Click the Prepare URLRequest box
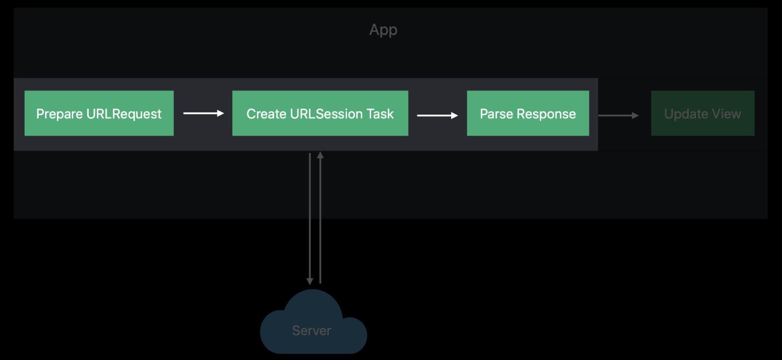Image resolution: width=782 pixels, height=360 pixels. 99,113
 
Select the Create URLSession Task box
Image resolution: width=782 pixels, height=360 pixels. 320,113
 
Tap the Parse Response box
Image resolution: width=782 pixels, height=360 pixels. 528,113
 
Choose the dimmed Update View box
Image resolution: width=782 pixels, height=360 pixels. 703,113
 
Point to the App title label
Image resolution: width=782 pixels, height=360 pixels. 383,30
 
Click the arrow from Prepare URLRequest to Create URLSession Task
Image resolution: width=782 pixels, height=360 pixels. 203,113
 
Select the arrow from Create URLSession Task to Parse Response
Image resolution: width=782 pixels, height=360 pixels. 437,115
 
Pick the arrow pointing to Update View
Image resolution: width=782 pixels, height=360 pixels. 619,115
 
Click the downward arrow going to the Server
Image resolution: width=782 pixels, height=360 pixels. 310,219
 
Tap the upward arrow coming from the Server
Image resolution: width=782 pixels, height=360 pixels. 320,217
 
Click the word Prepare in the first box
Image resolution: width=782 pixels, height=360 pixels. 60,114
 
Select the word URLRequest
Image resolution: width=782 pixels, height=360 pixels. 124,114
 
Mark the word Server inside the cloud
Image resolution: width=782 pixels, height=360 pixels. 312,330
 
